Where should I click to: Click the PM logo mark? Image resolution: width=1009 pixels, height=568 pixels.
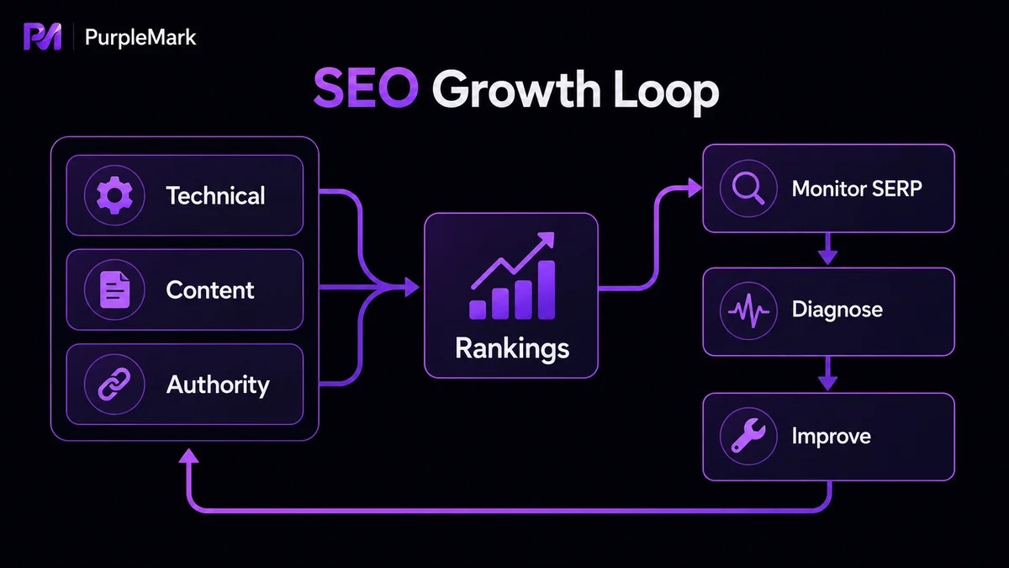tap(42, 36)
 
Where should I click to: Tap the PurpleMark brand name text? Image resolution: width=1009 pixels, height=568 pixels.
tap(140, 37)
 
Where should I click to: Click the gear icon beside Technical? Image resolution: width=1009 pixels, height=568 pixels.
tap(114, 195)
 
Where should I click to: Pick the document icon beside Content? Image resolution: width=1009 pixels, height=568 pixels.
tap(114, 289)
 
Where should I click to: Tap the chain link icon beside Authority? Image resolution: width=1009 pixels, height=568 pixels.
tap(114, 384)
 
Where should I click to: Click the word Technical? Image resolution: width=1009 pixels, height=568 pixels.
tap(216, 195)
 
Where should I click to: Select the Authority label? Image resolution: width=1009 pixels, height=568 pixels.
tap(218, 385)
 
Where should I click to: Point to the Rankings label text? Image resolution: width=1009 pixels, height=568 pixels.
tap(512, 349)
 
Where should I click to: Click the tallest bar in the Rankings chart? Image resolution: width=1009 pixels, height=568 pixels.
tap(547, 289)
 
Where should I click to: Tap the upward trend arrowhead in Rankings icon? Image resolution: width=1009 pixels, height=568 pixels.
tap(547, 239)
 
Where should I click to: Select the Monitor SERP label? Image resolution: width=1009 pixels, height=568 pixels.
tap(857, 188)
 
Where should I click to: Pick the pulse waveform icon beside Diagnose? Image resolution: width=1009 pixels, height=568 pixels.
tap(748, 311)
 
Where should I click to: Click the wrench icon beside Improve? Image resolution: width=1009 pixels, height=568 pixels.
tap(748, 436)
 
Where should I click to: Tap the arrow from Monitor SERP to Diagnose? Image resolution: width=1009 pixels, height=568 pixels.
tap(827, 249)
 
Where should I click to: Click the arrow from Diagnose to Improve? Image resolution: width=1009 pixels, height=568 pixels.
tap(827, 374)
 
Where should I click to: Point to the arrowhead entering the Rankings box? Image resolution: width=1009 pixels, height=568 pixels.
tap(411, 287)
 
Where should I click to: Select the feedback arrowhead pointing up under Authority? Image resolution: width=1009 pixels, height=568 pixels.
tap(188, 456)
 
